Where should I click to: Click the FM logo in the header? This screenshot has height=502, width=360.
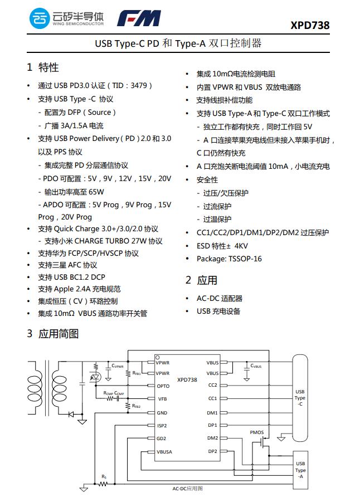pyautogui.click(x=139, y=19)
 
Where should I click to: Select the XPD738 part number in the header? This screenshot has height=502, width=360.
pyautogui.click(x=309, y=26)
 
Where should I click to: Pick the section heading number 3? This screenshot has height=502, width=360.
pyautogui.click(x=30, y=334)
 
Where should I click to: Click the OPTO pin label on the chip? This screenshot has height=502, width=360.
pyautogui.click(x=163, y=386)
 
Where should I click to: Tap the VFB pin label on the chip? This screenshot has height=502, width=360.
pyautogui.click(x=162, y=399)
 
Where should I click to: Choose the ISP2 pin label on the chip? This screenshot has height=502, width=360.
pyautogui.click(x=162, y=426)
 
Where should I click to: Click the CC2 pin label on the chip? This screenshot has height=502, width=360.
pyautogui.click(x=212, y=385)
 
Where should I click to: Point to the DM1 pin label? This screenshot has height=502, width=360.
pyautogui.click(x=212, y=413)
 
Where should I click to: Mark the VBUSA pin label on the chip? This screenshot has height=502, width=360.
pyautogui.click(x=164, y=452)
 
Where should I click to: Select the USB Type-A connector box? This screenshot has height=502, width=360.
pyautogui.click(x=300, y=470)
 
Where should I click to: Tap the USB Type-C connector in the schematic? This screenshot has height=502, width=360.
pyautogui.click(x=300, y=398)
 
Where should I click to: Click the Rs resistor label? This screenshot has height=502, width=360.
pyautogui.click(x=104, y=476)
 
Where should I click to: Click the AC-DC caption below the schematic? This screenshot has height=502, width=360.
pyautogui.click(x=187, y=489)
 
